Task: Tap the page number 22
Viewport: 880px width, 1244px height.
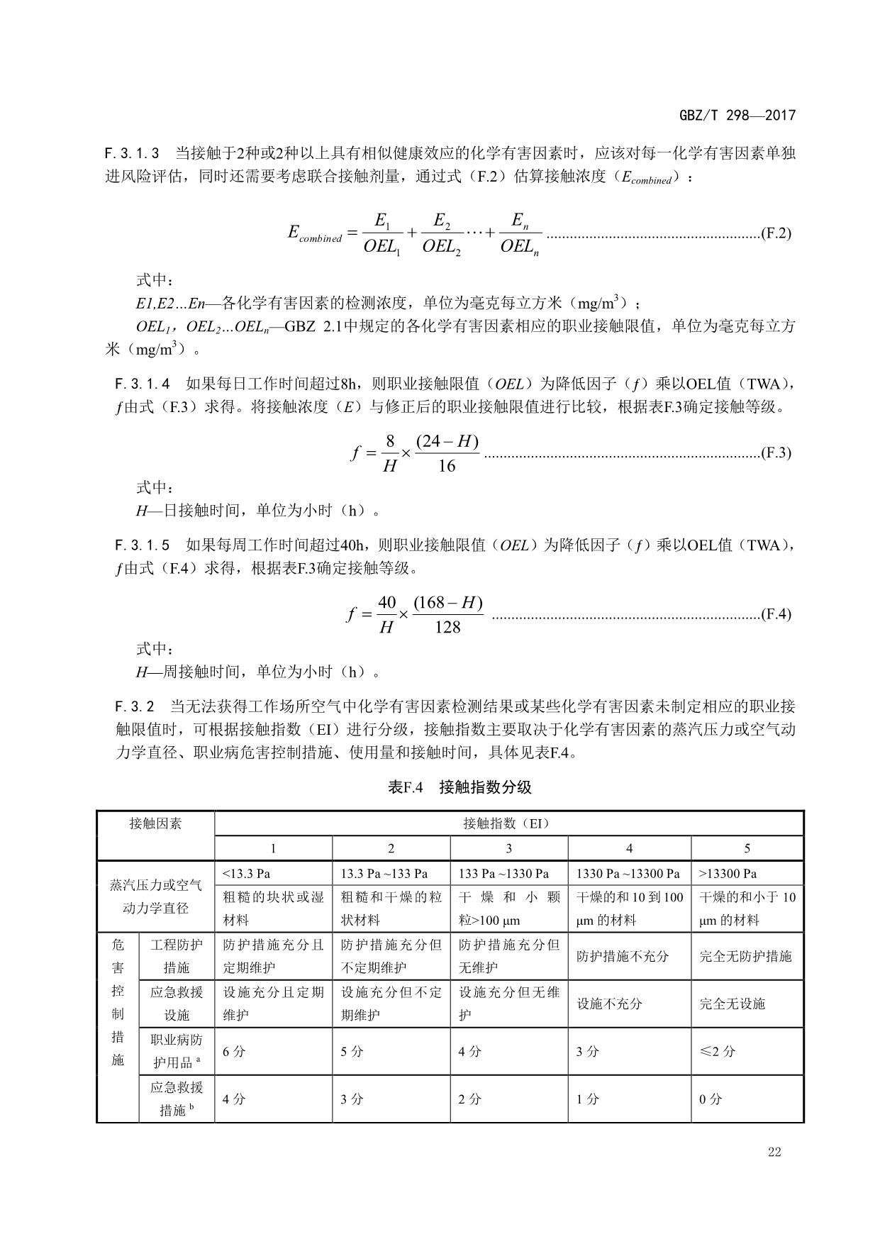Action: [774, 1152]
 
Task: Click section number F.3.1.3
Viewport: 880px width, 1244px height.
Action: [132, 153]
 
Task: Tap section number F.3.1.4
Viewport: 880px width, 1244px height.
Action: [143, 384]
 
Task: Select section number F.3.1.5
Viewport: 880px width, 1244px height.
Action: [143, 545]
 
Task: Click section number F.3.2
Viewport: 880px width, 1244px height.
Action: [135, 706]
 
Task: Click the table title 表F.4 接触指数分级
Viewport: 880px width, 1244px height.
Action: [460, 787]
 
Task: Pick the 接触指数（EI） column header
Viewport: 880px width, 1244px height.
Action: [508, 823]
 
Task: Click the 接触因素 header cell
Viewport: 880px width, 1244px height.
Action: [155, 823]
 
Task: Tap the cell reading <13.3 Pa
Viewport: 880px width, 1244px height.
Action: [247, 873]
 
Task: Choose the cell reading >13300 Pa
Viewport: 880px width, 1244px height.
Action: [728, 873]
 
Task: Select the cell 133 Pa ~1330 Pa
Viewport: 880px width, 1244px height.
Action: [504, 873]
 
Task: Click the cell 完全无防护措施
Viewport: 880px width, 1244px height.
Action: [745, 956]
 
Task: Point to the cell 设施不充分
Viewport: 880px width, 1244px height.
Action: [609, 1004]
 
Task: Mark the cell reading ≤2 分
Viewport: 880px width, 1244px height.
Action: [717, 1051]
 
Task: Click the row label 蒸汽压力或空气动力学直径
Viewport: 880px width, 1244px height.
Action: [155, 896]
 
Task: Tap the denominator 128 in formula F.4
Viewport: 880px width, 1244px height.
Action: [447, 628]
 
